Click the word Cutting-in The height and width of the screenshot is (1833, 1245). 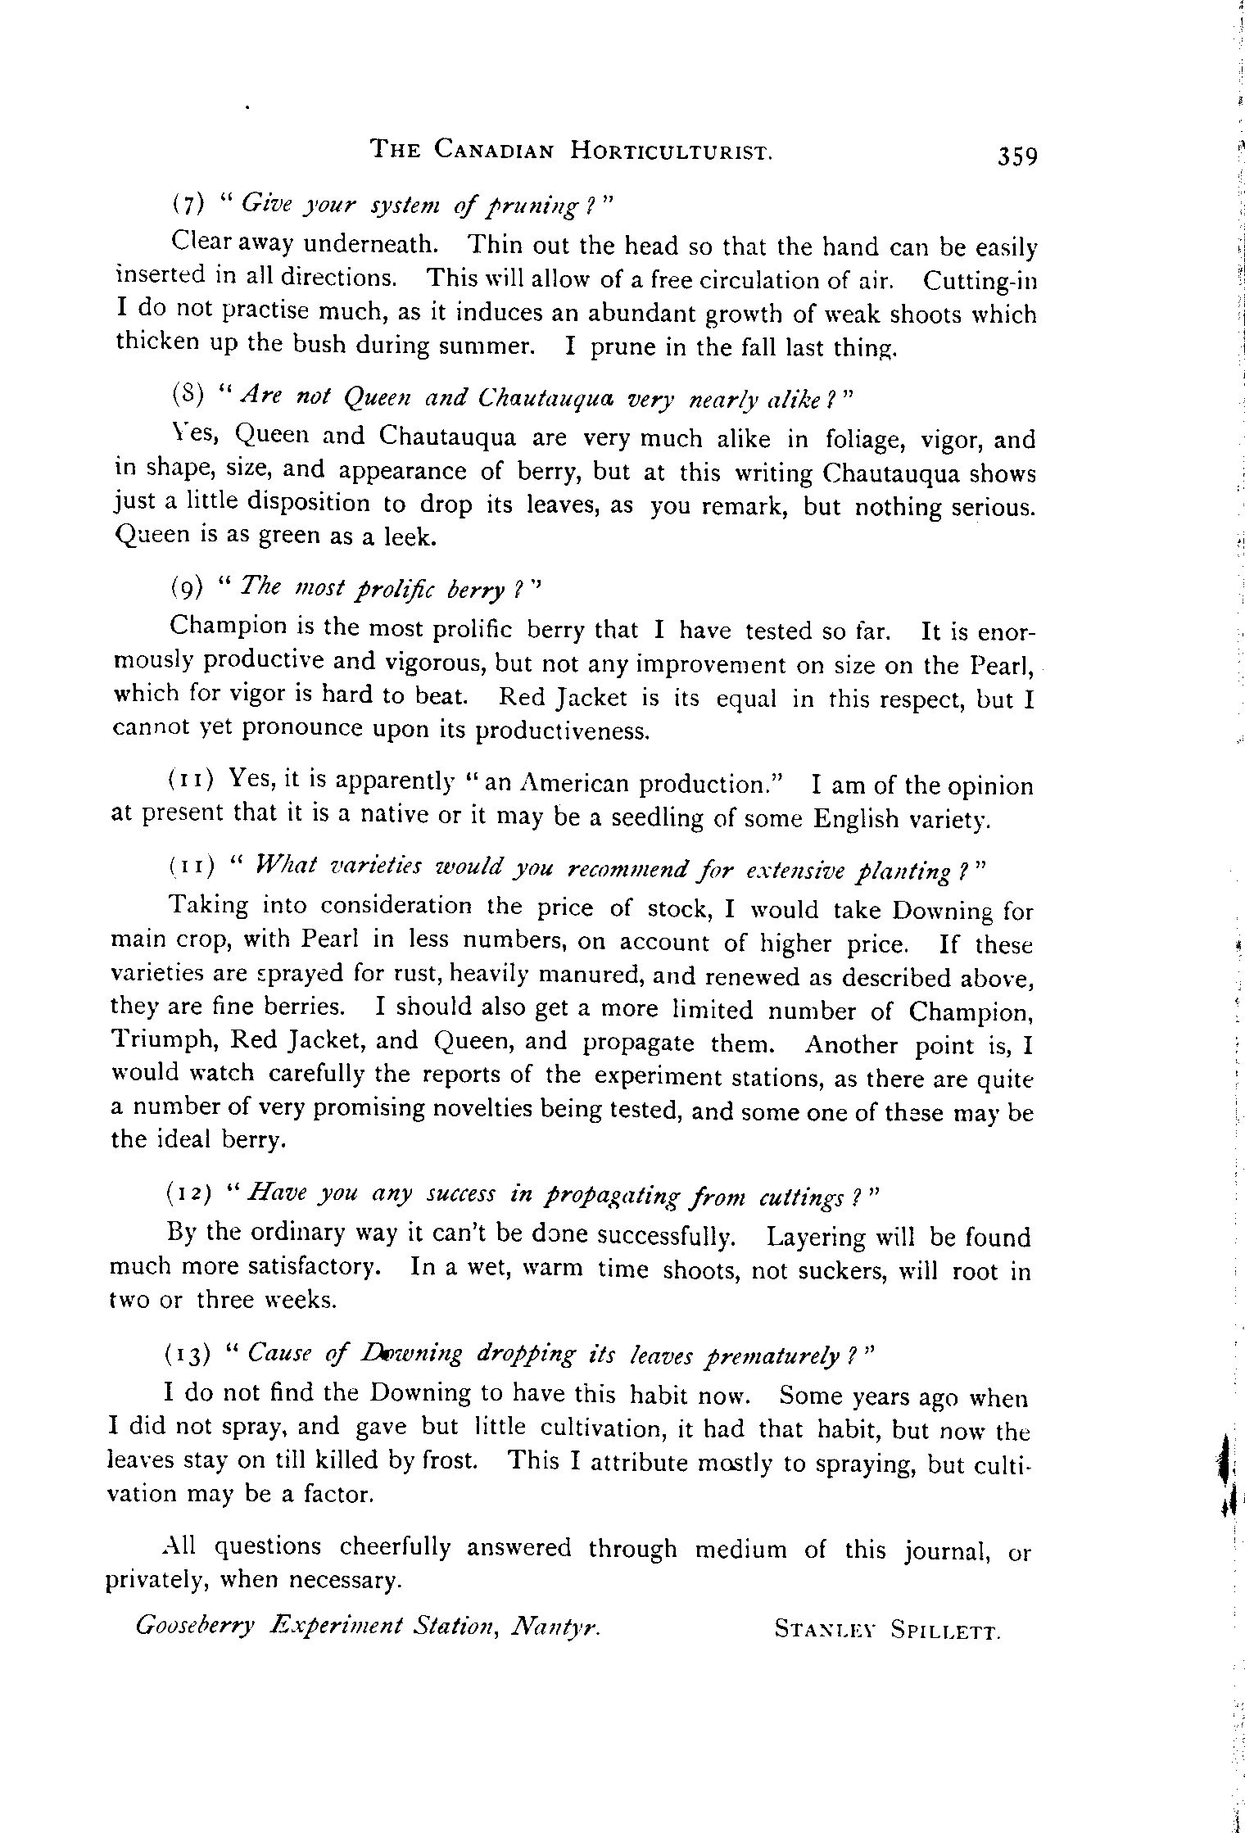980,281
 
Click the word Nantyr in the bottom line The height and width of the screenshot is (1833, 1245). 556,1625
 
